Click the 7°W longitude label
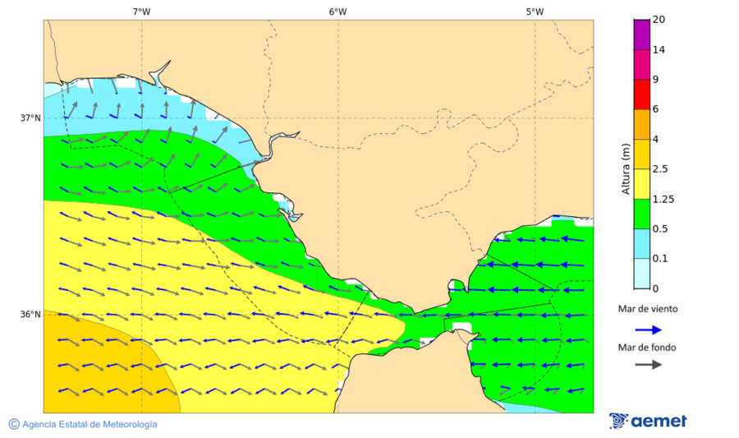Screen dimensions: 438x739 (x=141, y=12)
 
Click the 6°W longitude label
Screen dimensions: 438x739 (x=337, y=12)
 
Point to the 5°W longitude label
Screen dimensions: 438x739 (x=535, y=12)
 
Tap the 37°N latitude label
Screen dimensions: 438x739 (x=30, y=118)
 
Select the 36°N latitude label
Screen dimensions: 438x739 (x=30, y=315)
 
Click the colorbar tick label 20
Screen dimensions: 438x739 (x=659, y=20)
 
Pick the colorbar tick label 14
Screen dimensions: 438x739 (x=659, y=49)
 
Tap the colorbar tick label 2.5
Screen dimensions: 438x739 (x=660, y=169)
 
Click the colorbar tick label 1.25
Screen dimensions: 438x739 (x=663, y=199)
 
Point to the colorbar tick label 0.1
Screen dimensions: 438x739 (x=660, y=259)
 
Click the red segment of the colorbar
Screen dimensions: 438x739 (x=641, y=94)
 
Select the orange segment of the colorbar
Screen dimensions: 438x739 (x=641, y=124)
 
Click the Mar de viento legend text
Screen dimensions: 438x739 (x=648, y=309)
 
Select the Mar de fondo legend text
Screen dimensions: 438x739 (x=648, y=348)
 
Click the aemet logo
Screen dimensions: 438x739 (x=649, y=421)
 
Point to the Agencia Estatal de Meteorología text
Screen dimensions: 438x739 (x=83, y=424)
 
